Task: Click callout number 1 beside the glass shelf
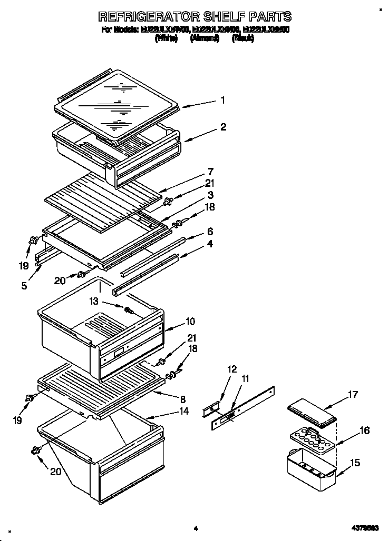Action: (223, 100)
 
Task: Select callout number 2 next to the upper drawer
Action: (224, 127)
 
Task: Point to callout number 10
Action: (190, 321)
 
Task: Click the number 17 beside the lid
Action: (353, 394)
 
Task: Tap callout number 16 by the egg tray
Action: (364, 431)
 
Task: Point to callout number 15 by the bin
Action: (355, 463)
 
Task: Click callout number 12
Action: (232, 369)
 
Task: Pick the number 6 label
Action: (210, 231)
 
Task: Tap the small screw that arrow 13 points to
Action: (128, 309)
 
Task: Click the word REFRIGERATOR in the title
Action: (141, 17)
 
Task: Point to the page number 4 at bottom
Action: (195, 528)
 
